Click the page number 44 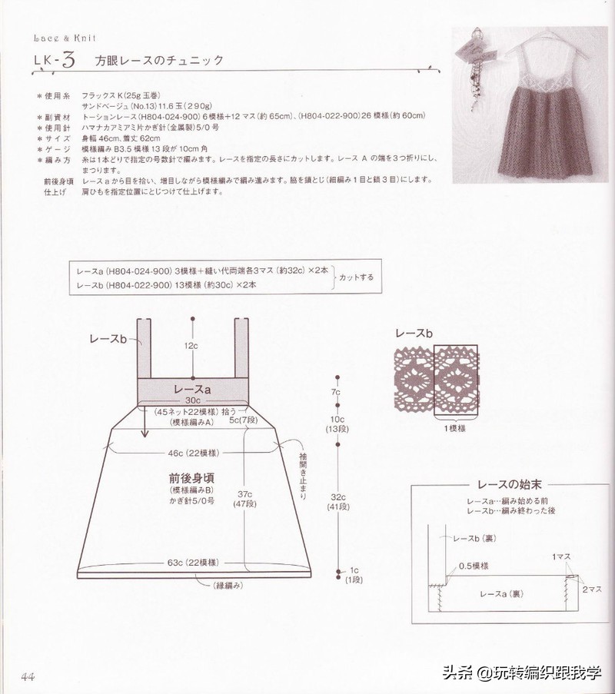point(28,676)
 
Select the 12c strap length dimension point(191,347)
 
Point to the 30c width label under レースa point(192,401)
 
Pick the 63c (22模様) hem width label point(192,563)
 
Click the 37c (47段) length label point(246,498)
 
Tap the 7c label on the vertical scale point(336,393)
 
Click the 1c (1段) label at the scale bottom point(354,574)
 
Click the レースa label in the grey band point(193,390)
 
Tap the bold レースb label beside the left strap point(108,338)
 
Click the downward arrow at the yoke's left point(144,423)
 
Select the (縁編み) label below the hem point(228,586)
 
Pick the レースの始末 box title point(500,485)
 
